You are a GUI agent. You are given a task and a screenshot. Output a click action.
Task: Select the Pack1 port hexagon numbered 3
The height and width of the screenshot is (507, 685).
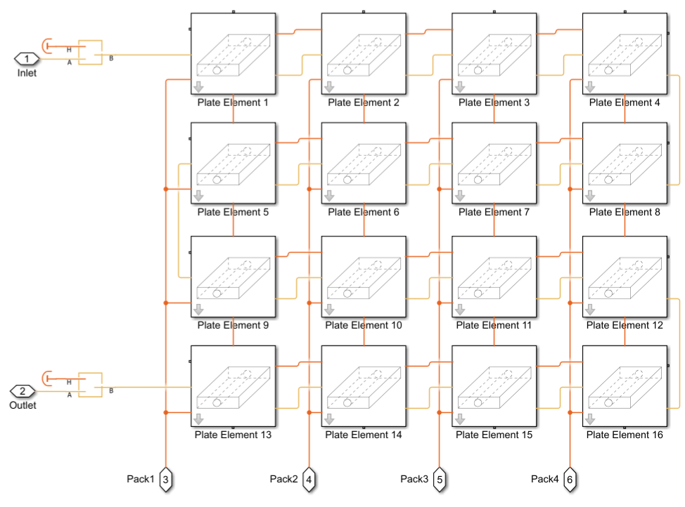(165, 480)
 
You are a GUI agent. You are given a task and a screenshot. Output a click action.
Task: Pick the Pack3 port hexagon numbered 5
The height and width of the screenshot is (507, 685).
(440, 480)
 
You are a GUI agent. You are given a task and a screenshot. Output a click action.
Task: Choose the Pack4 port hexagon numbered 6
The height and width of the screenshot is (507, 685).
(570, 480)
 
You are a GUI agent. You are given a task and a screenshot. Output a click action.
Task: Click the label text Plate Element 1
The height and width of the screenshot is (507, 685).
(233, 103)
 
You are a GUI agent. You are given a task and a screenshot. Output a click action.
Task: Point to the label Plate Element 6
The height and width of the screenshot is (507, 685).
(364, 212)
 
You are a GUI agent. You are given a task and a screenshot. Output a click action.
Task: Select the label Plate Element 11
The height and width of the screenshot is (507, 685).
(494, 325)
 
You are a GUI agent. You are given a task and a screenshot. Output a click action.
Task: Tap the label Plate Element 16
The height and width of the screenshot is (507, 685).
(625, 435)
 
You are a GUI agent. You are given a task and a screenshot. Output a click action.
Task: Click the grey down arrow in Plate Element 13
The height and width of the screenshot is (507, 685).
(199, 419)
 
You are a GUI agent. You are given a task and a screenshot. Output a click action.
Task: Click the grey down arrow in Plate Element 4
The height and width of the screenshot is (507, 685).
(590, 86)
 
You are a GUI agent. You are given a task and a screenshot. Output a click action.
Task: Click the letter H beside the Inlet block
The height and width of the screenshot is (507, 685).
(69, 50)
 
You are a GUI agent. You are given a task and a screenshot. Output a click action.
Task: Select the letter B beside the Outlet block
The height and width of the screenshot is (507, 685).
(110, 391)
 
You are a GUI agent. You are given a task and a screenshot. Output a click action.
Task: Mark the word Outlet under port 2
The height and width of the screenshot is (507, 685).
(22, 406)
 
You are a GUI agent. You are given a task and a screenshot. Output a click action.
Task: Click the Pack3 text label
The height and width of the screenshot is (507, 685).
(414, 479)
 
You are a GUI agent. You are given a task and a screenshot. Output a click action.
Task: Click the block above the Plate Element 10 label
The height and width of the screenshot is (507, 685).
(364, 277)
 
